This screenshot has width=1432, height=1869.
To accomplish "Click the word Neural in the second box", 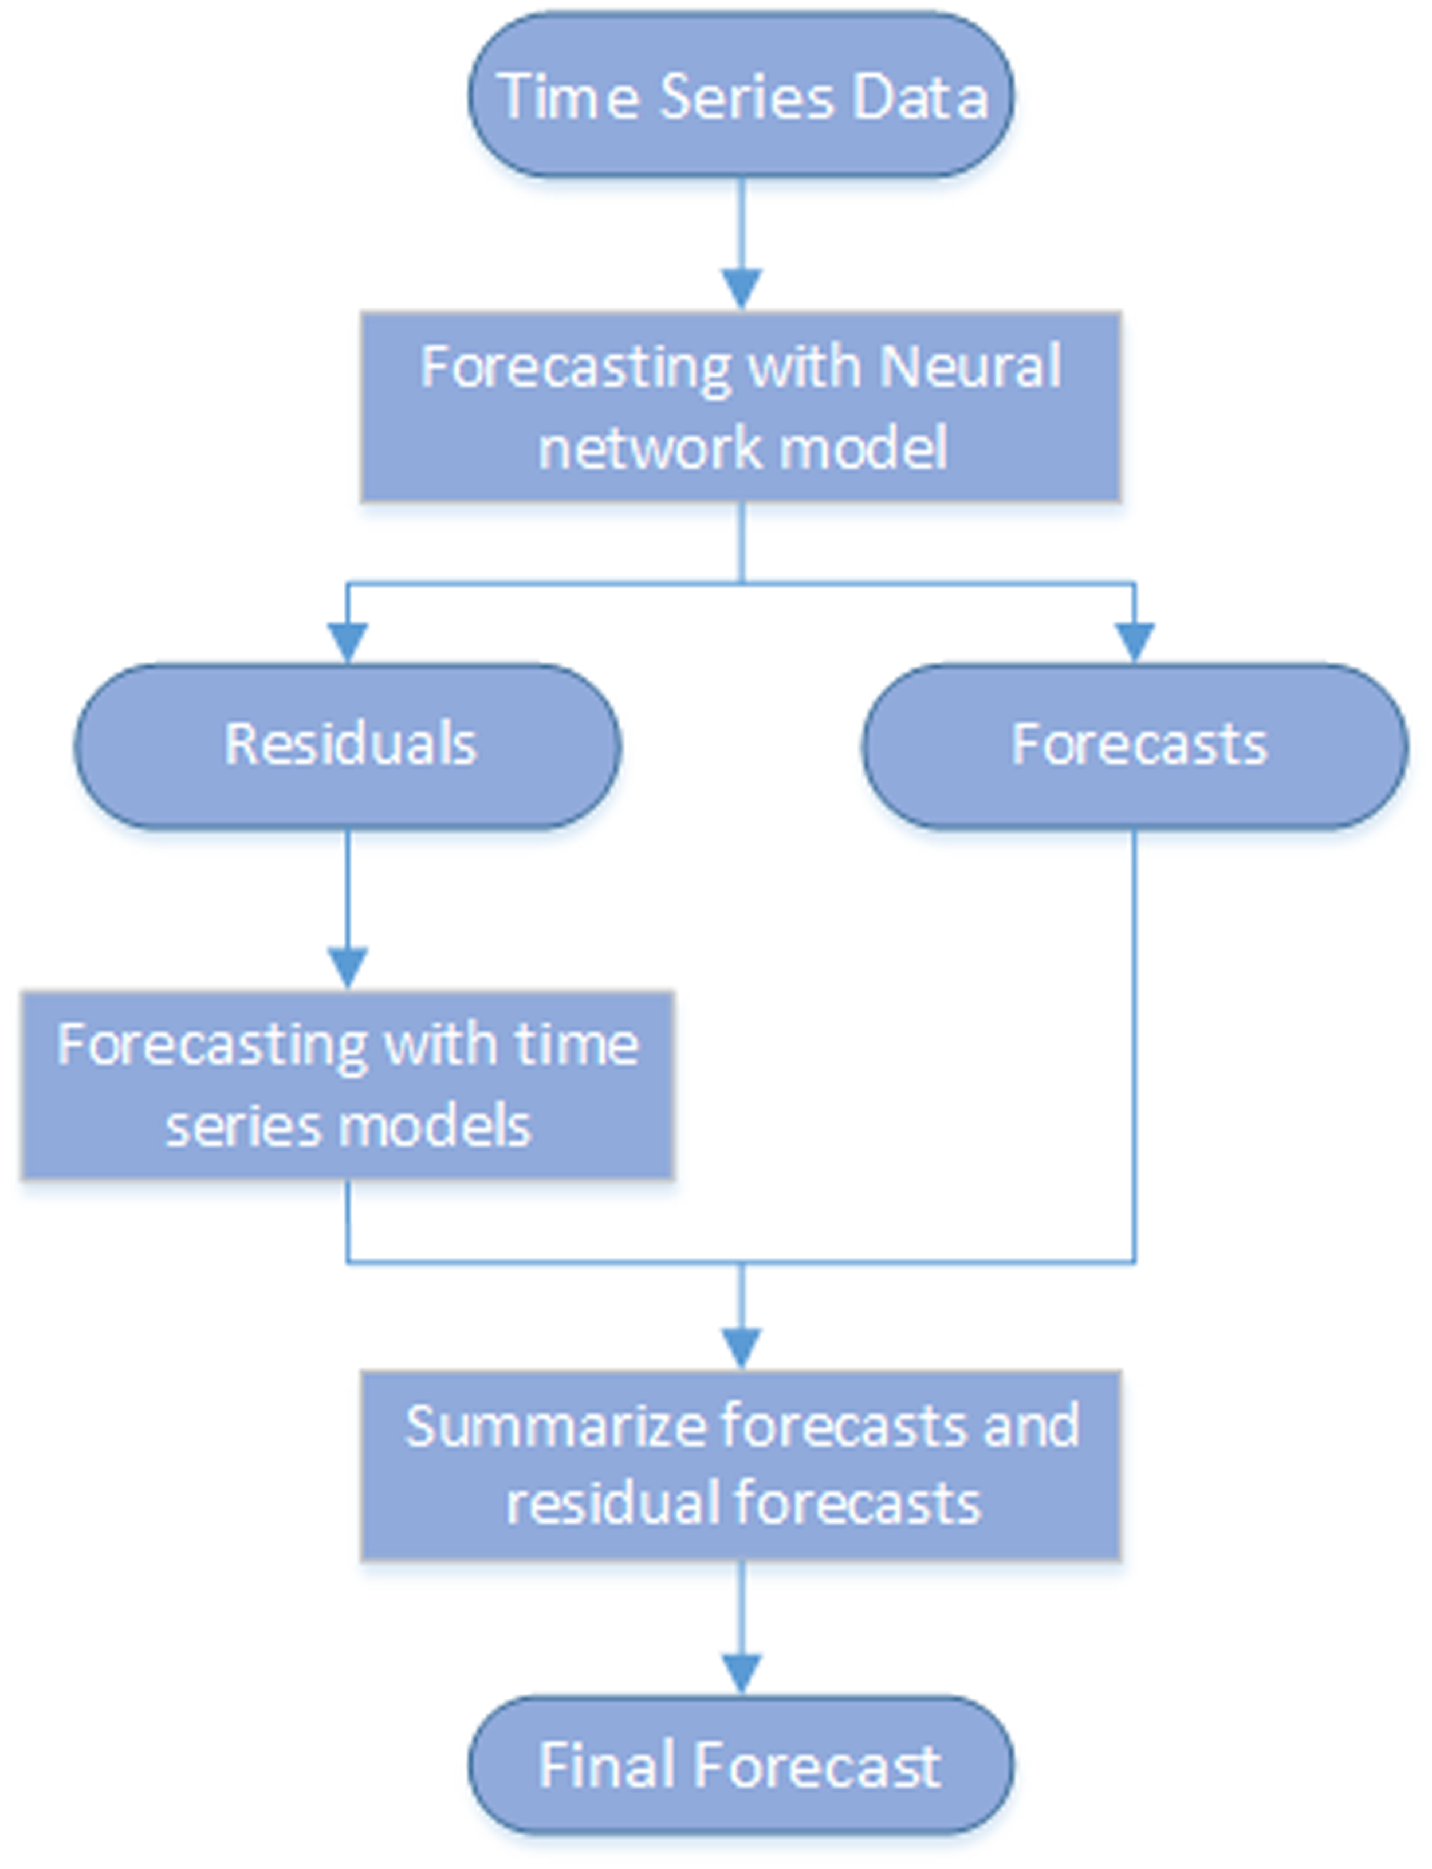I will coord(970,367).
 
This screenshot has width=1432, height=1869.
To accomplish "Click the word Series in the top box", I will coord(747,96).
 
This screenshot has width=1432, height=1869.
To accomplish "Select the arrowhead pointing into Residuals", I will coord(348,641).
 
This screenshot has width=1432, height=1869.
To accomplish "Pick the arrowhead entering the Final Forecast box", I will coord(741,1673).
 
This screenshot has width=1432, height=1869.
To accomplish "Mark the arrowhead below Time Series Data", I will coord(741,288).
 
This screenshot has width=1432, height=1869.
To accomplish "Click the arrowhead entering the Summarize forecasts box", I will coord(741,1347).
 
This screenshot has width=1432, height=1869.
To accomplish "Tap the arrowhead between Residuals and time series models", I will coord(348,966).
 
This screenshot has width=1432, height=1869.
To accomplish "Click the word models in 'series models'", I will coord(435,1126).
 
